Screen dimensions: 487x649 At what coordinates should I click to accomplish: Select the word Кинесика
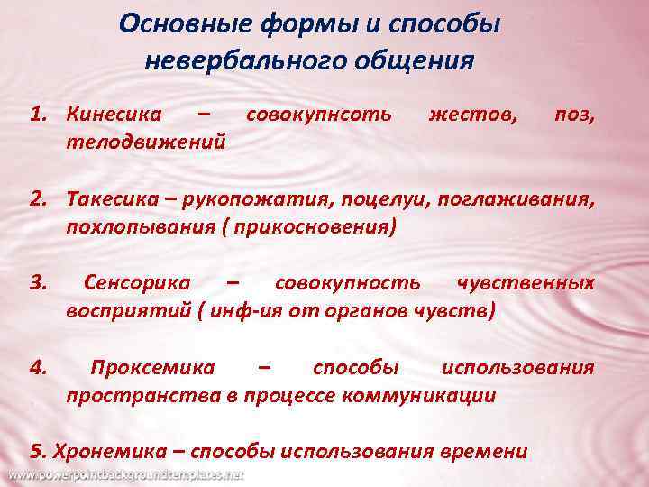[114, 115]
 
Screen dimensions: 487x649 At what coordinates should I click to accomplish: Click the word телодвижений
[145, 142]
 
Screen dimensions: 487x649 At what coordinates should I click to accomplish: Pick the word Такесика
[114, 199]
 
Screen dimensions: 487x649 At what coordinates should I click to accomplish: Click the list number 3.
[37, 283]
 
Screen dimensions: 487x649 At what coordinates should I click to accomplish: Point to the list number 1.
[37, 115]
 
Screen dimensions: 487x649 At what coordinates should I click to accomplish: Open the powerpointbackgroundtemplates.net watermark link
[125, 474]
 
